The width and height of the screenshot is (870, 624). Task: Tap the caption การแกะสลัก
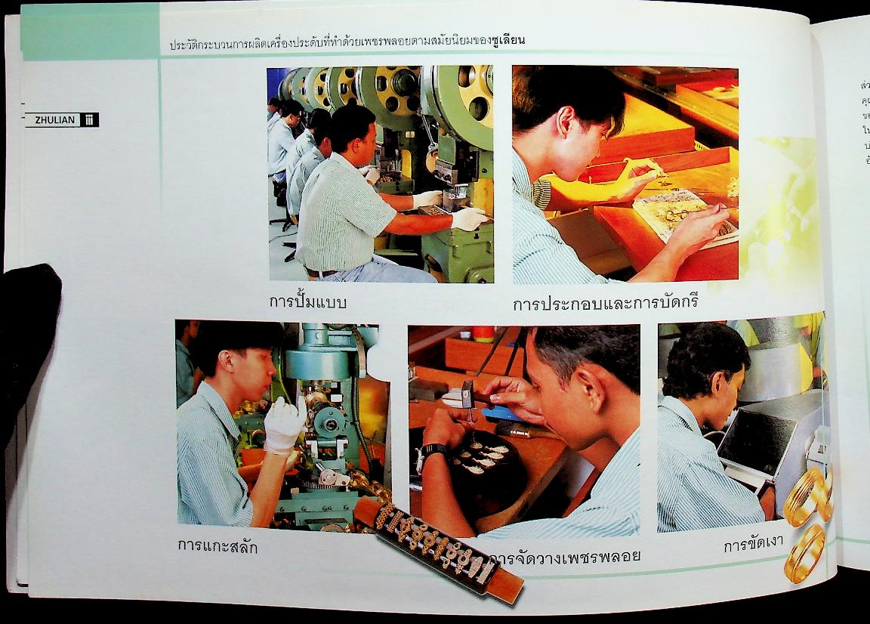pos(217,546)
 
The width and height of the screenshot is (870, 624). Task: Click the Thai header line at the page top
pos(347,42)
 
